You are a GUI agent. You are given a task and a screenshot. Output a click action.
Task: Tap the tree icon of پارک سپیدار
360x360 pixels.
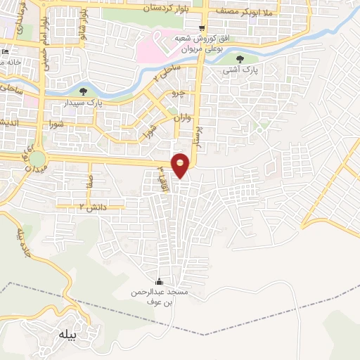coord(84,91)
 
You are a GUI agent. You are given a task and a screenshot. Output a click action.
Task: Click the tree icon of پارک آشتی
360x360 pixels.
coord(242,59)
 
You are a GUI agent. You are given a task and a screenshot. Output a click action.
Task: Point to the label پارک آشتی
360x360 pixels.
coord(241,70)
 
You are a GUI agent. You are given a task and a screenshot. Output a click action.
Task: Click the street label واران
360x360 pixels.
coord(181,120)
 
